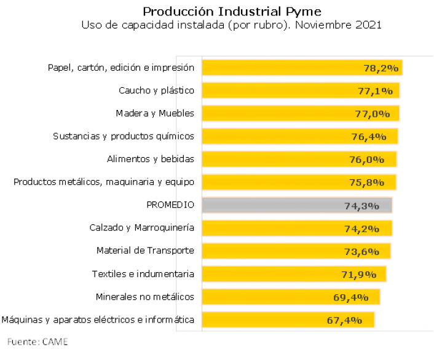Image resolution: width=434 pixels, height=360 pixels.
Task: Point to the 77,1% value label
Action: (x=375, y=91)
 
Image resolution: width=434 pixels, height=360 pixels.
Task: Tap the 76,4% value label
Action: (x=369, y=137)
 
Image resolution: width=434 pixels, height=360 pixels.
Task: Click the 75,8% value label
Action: (x=366, y=182)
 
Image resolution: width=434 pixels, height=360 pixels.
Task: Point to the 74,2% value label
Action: (x=361, y=229)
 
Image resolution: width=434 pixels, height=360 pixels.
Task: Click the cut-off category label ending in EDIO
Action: (x=185, y=205)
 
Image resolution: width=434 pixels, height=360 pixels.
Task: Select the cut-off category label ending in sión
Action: (x=185, y=68)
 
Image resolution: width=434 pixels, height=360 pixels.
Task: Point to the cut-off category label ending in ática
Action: (x=185, y=319)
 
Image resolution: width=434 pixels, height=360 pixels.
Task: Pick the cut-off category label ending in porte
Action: (x=185, y=251)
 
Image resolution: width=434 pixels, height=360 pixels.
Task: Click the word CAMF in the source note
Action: (x=55, y=341)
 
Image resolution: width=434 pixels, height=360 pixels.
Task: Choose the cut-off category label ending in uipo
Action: (x=185, y=182)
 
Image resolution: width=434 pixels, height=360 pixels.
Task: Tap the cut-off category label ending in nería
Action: (x=185, y=227)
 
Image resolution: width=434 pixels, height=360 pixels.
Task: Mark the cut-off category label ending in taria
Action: (x=185, y=273)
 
